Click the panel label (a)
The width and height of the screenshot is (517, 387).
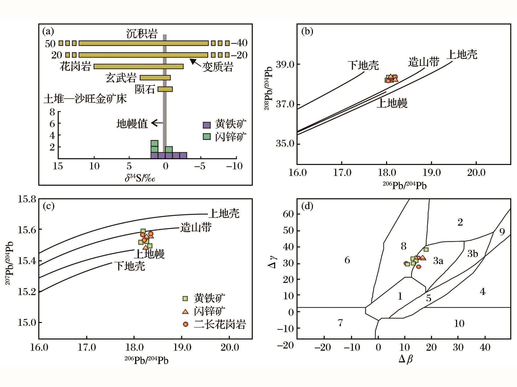pyautogui.click(x=48, y=31)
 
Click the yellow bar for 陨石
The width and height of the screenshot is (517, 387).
pyautogui.click(x=165, y=89)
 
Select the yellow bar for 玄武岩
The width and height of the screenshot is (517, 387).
pyautogui.click(x=155, y=78)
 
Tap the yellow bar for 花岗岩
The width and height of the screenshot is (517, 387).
pyautogui.click(x=138, y=66)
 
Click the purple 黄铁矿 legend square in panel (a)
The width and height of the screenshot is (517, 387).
pyautogui.click(x=207, y=125)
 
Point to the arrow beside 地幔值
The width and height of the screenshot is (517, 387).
pyautogui.click(x=157, y=123)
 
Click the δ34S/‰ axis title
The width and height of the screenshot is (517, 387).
pyautogui.click(x=140, y=178)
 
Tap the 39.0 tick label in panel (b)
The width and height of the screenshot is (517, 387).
pyautogui.click(x=285, y=65)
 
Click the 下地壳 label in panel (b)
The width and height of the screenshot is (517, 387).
pyautogui.click(x=363, y=65)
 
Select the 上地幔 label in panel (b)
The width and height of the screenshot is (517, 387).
pyautogui.click(x=392, y=103)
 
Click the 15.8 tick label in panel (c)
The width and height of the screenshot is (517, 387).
pyautogui.click(x=27, y=199)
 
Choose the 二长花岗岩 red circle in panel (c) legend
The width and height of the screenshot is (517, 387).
pyautogui.click(x=186, y=324)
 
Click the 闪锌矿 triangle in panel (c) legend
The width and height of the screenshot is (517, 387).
pyautogui.click(x=185, y=311)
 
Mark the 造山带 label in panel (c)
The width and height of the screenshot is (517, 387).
pyautogui.click(x=196, y=228)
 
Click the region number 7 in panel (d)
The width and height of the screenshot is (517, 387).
pyautogui.click(x=340, y=323)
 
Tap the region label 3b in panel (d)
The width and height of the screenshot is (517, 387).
pyautogui.click(x=472, y=254)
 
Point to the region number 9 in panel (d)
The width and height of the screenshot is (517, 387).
pyautogui.click(x=502, y=232)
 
